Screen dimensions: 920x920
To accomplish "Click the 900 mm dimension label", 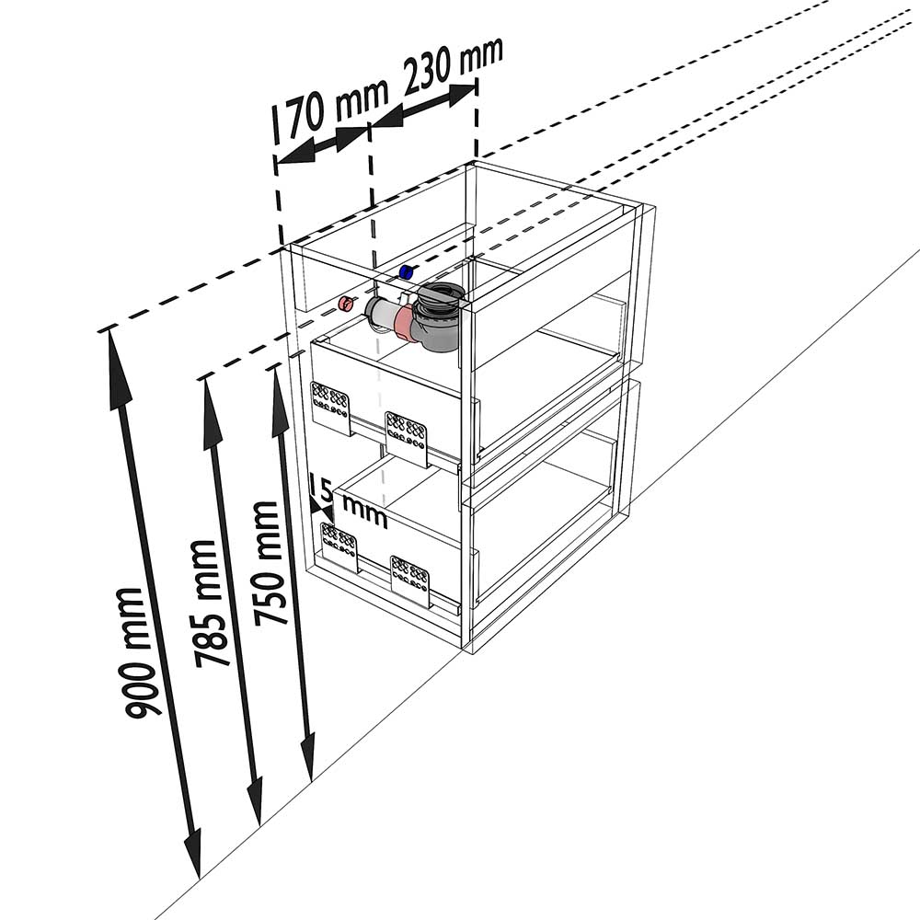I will coord(139,653).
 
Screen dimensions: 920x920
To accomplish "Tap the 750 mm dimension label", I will coord(269,564).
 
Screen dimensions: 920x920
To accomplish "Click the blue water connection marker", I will coord(405,272).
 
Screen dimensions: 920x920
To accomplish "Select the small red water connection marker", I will coord(343,304).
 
